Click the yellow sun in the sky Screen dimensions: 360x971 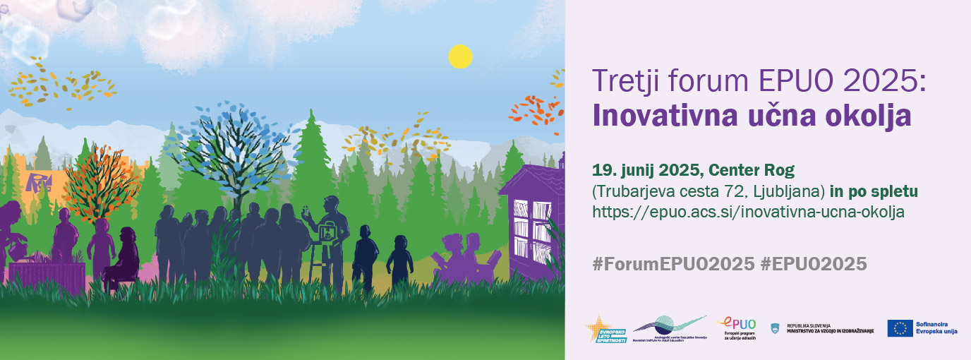click(x=460, y=56)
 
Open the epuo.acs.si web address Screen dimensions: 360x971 click(x=748, y=211)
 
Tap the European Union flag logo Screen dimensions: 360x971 click(x=900, y=328)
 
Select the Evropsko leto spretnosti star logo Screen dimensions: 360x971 click(x=605, y=330)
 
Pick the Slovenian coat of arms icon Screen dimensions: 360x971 click(x=773, y=328)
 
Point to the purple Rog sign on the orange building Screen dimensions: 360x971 click(x=37, y=182)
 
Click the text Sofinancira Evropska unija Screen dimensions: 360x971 click(x=936, y=328)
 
